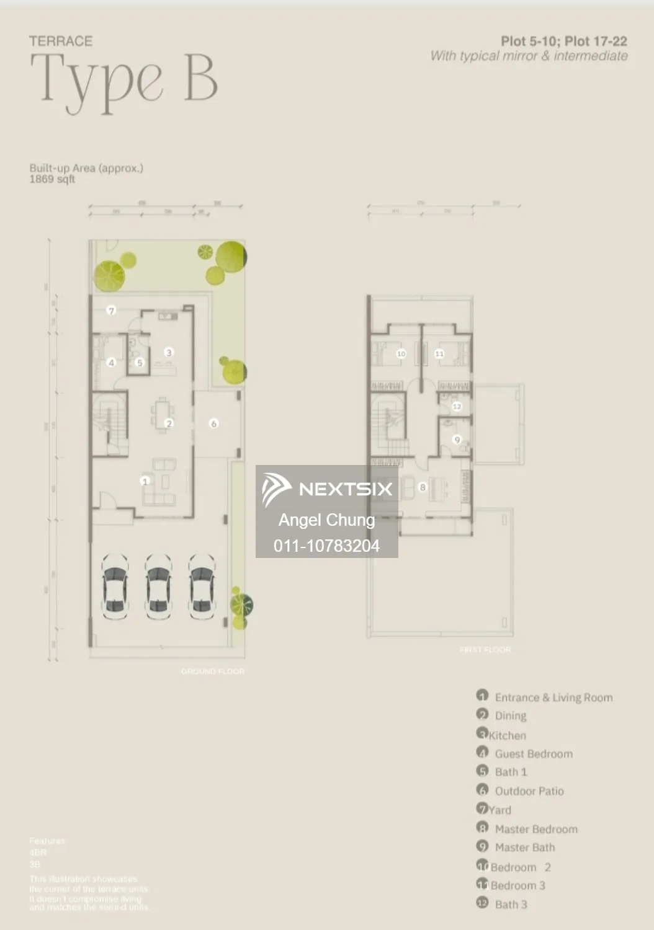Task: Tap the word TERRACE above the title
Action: click(61, 41)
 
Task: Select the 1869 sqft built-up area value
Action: click(52, 179)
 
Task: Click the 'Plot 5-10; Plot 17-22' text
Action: click(563, 42)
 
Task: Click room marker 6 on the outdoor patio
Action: click(214, 424)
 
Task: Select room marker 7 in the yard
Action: click(112, 311)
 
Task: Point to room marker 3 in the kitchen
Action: click(168, 352)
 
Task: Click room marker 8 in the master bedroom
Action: click(423, 487)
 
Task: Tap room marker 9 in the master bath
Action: click(457, 440)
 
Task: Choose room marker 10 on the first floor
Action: click(401, 354)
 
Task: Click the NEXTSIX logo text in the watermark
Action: click(345, 489)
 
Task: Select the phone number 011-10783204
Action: click(326, 546)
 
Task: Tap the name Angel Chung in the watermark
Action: click(326, 520)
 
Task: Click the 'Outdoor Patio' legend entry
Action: click(529, 791)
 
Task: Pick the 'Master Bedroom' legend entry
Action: click(535, 829)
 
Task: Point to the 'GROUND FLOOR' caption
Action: click(213, 671)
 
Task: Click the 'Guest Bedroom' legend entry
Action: click(533, 754)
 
